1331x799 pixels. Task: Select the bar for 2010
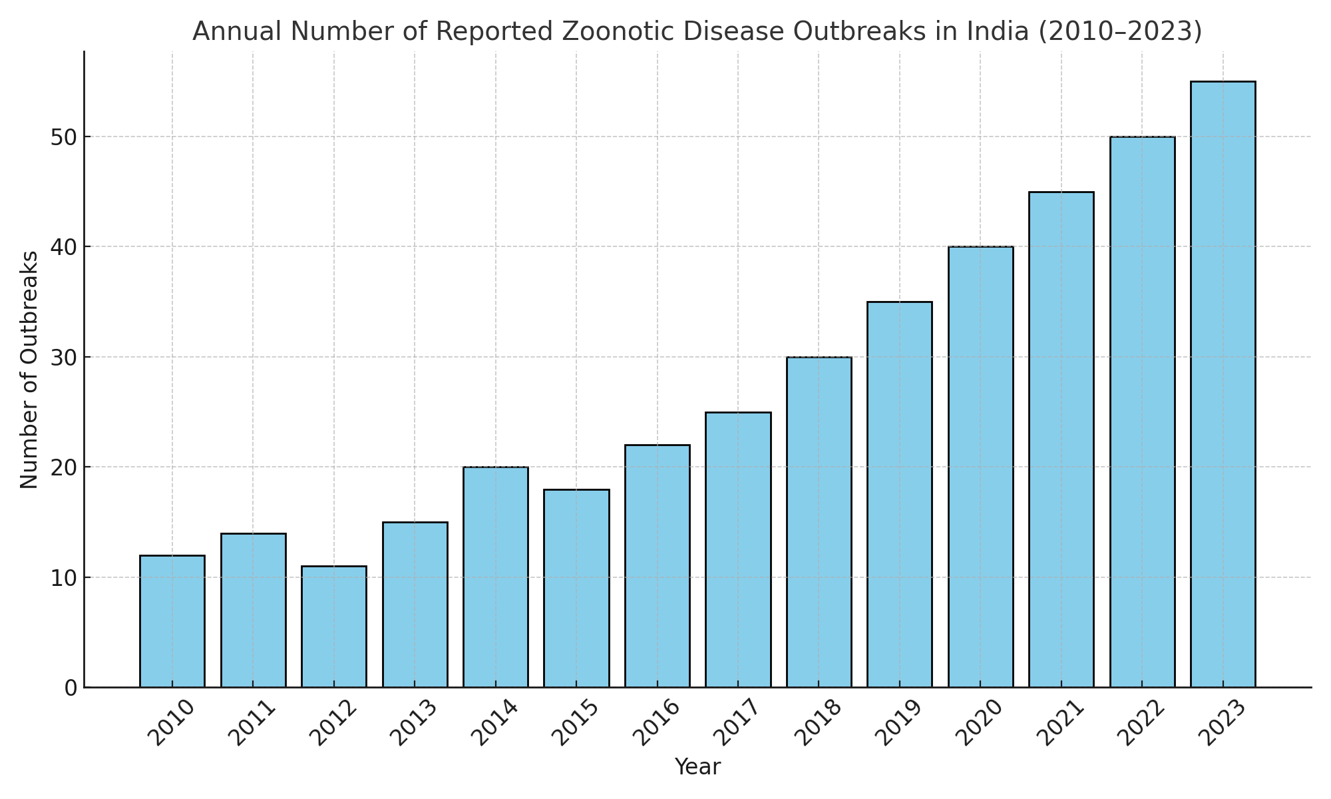[172, 621]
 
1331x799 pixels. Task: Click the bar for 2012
[334, 627]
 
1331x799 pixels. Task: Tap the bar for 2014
[496, 577]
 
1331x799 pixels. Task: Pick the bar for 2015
[576, 589]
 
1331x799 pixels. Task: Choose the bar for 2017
[738, 550]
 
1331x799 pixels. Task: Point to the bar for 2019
[900, 495]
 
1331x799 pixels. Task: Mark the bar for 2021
[1061, 439]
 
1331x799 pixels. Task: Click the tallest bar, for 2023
[1223, 384]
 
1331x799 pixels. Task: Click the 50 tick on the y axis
[62, 137]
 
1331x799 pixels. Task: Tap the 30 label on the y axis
[62, 358]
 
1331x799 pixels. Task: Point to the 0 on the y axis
[71, 688]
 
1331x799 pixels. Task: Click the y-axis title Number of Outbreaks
[29, 370]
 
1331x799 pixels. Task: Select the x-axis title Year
[697, 767]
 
